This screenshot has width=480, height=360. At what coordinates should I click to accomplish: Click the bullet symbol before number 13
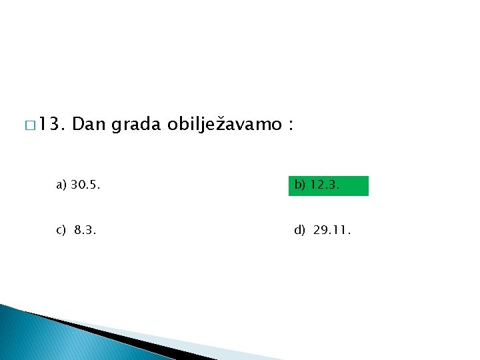click(30, 125)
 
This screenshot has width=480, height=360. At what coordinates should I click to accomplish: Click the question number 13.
click(51, 125)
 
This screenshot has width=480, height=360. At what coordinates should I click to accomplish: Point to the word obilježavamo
click(225, 125)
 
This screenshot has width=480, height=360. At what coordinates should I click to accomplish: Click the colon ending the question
click(291, 126)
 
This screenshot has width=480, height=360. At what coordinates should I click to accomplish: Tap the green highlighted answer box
click(328, 186)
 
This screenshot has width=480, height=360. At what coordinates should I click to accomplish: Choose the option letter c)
click(61, 231)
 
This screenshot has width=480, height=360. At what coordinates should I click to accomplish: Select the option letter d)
click(299, 231)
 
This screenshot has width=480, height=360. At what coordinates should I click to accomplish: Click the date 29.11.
click(331, 231)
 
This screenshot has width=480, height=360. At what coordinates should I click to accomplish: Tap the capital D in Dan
click(75, 125)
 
